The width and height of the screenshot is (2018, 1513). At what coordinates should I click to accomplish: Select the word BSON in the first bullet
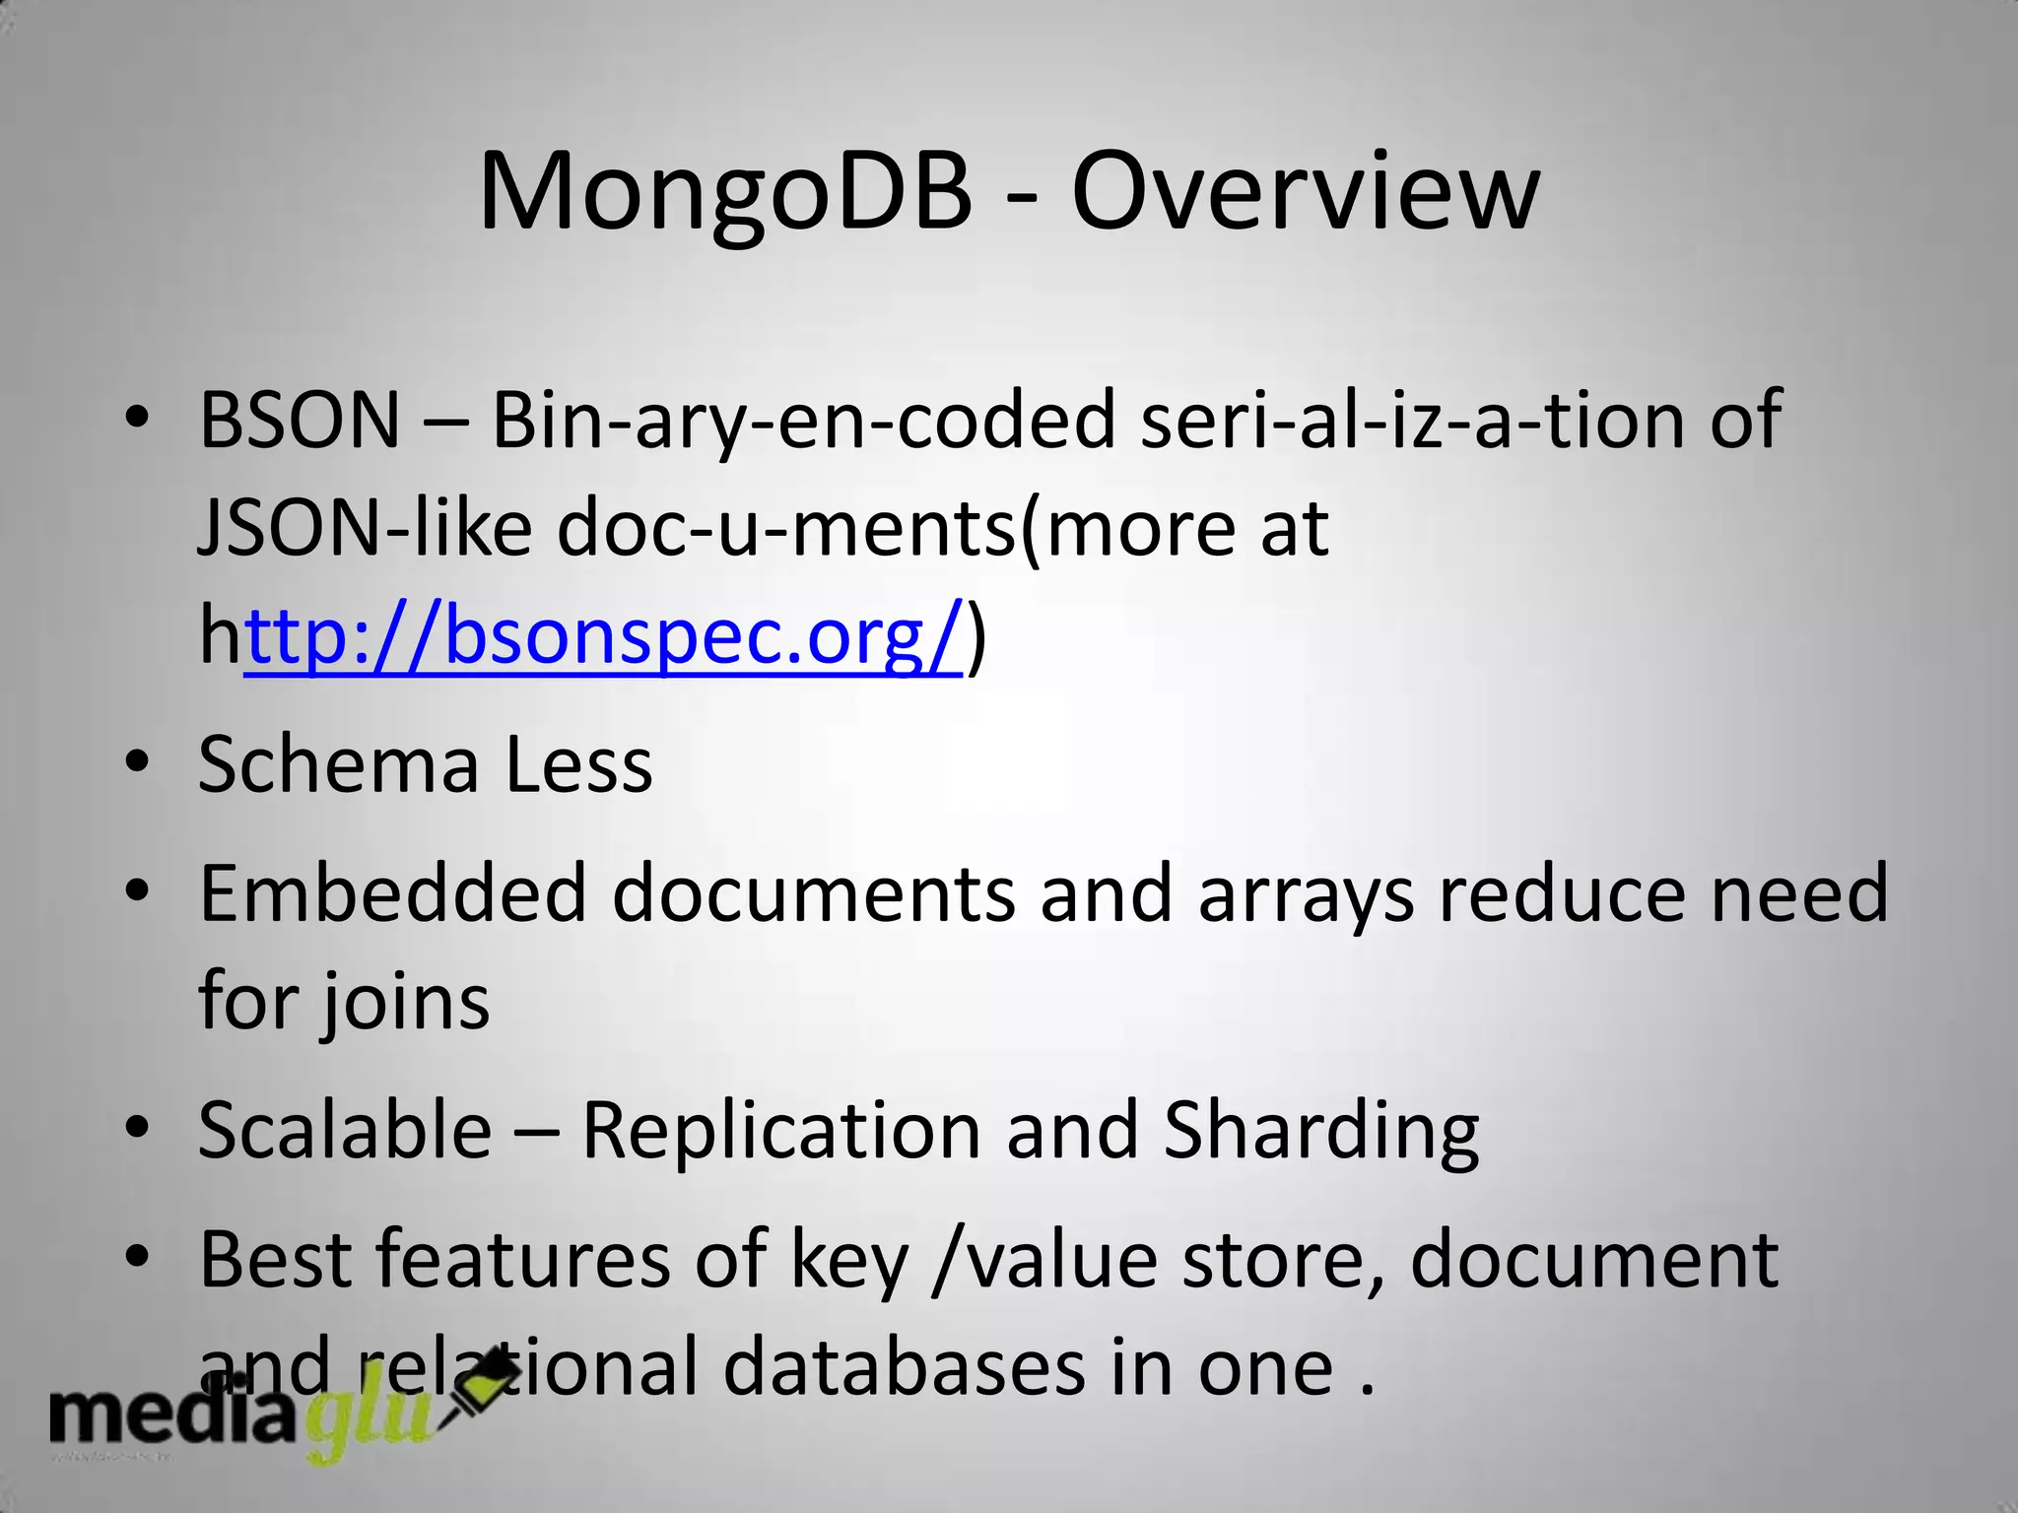(x=300, y=421)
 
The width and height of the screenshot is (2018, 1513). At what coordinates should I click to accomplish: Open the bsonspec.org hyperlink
(x=603, y=636)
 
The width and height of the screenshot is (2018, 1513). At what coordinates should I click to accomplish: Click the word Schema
(x=339, y=764)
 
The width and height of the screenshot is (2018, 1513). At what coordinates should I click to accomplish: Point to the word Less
(x=578, y=764)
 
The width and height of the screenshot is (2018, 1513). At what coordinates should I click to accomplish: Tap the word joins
(x=403, y=1003)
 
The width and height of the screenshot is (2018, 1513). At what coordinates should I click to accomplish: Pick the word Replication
(x=781, y=1130)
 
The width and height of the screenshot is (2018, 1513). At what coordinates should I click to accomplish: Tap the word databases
(x=903, y=1367)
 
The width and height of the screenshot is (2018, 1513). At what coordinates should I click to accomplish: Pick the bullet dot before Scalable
(x=137, y=1127)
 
